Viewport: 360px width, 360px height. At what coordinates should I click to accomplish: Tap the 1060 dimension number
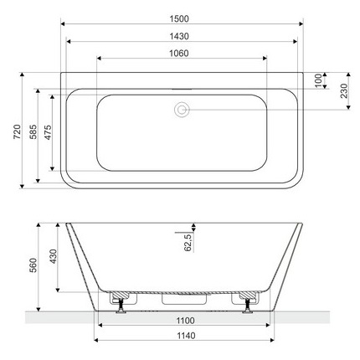coord(181,53)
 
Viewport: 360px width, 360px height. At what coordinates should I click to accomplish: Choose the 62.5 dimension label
coord(190,243)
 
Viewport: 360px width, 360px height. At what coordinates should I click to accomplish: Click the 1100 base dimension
coord(185,321)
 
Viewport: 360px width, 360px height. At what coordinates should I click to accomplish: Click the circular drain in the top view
coord(181,108)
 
